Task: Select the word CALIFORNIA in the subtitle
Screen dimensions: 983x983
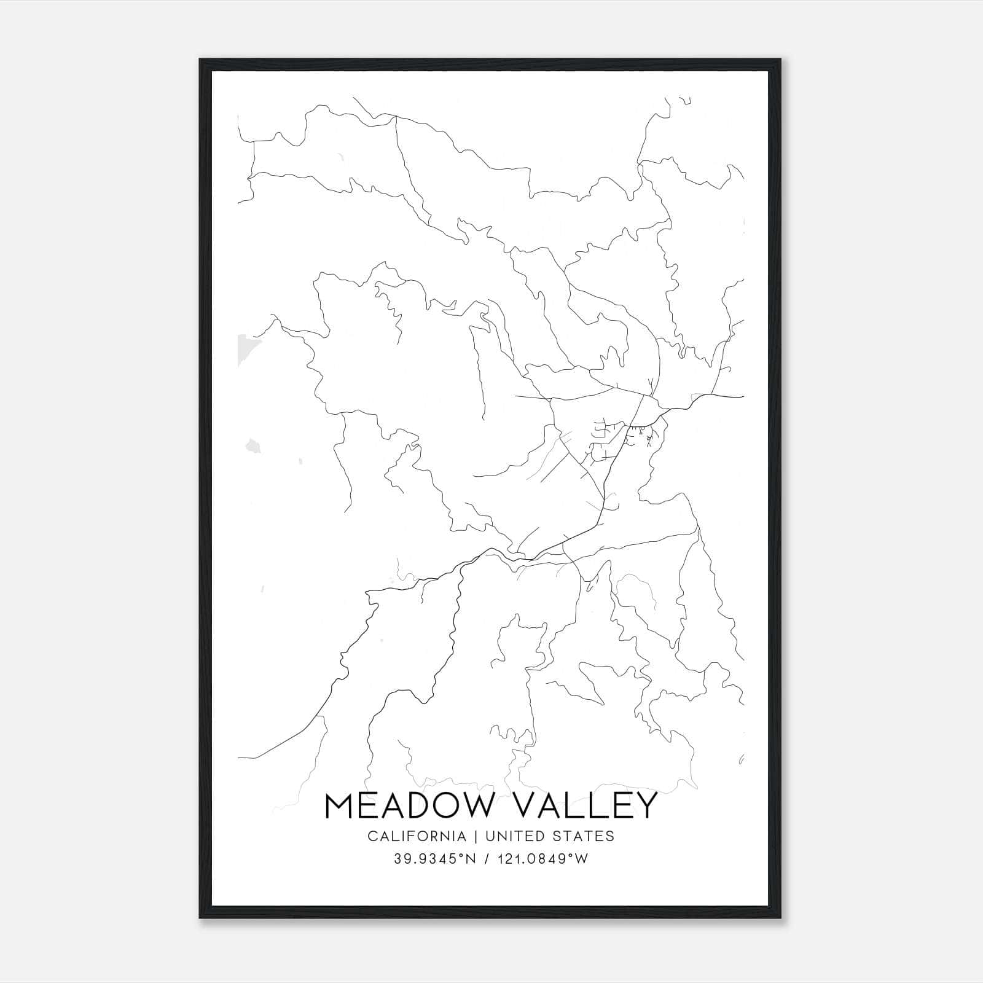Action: click(x=416, y=836)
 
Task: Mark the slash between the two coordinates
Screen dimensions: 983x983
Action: click(x=487, y=859)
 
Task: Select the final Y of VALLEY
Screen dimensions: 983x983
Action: click(x=644, y=806)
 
